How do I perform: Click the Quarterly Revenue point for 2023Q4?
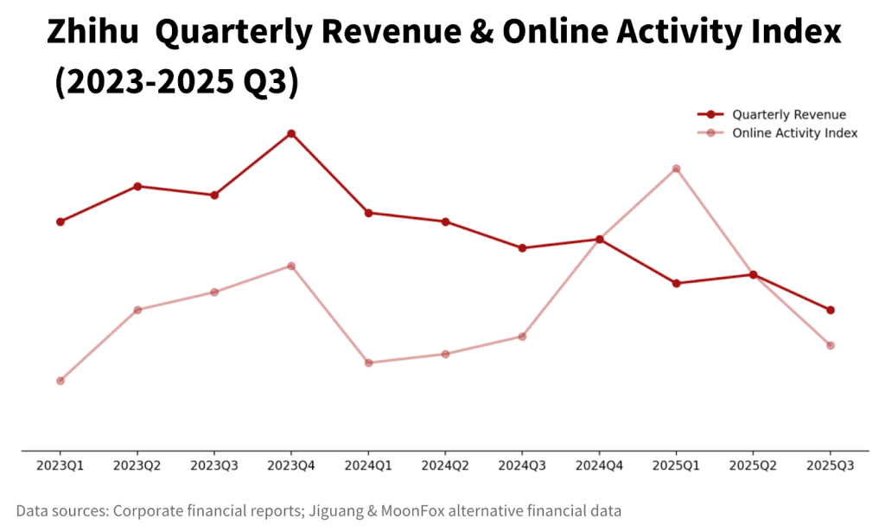coord(291,133)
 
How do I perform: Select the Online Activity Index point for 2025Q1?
coord(677,169)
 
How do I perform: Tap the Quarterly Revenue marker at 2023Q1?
coord(60,221)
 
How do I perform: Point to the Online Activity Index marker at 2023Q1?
coord(60,381)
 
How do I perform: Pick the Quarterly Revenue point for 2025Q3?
coord(831,310)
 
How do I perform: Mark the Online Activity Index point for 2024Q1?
coord(369,362)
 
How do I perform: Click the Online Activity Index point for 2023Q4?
coord(291,266)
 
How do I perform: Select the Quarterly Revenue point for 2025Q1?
coord(677,283)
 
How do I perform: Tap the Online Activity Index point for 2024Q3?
coord(523,337)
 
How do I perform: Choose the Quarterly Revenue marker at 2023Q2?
coord(137,186)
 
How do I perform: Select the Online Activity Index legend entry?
coord(794,133)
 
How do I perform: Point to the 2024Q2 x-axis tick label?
coord(445,465)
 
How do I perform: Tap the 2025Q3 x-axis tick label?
coord(831,465)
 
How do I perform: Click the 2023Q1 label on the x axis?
coord(60,465)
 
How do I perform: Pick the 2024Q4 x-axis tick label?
coord(600,465)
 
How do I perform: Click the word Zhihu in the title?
coord(93,33)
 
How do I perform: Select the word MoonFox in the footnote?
coord(423,510)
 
